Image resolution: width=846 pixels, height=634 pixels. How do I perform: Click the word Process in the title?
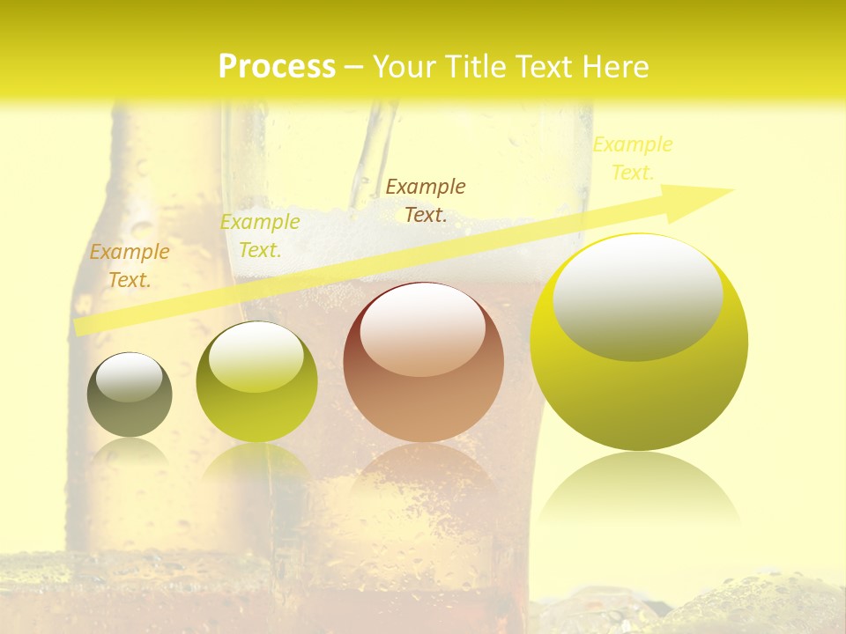pos(277,67)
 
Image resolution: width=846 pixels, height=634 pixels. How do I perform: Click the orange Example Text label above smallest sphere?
pos(130,266)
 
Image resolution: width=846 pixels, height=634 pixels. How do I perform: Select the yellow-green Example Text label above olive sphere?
pos(260,236)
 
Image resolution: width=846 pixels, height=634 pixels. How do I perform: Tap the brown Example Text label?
pos(426,201)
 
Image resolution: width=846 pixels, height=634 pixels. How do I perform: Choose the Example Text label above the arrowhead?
pos(633,158)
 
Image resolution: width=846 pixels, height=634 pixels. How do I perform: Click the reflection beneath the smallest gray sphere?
pos(130,453)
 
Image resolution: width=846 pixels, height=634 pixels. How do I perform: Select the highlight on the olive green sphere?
pos(256,357)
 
